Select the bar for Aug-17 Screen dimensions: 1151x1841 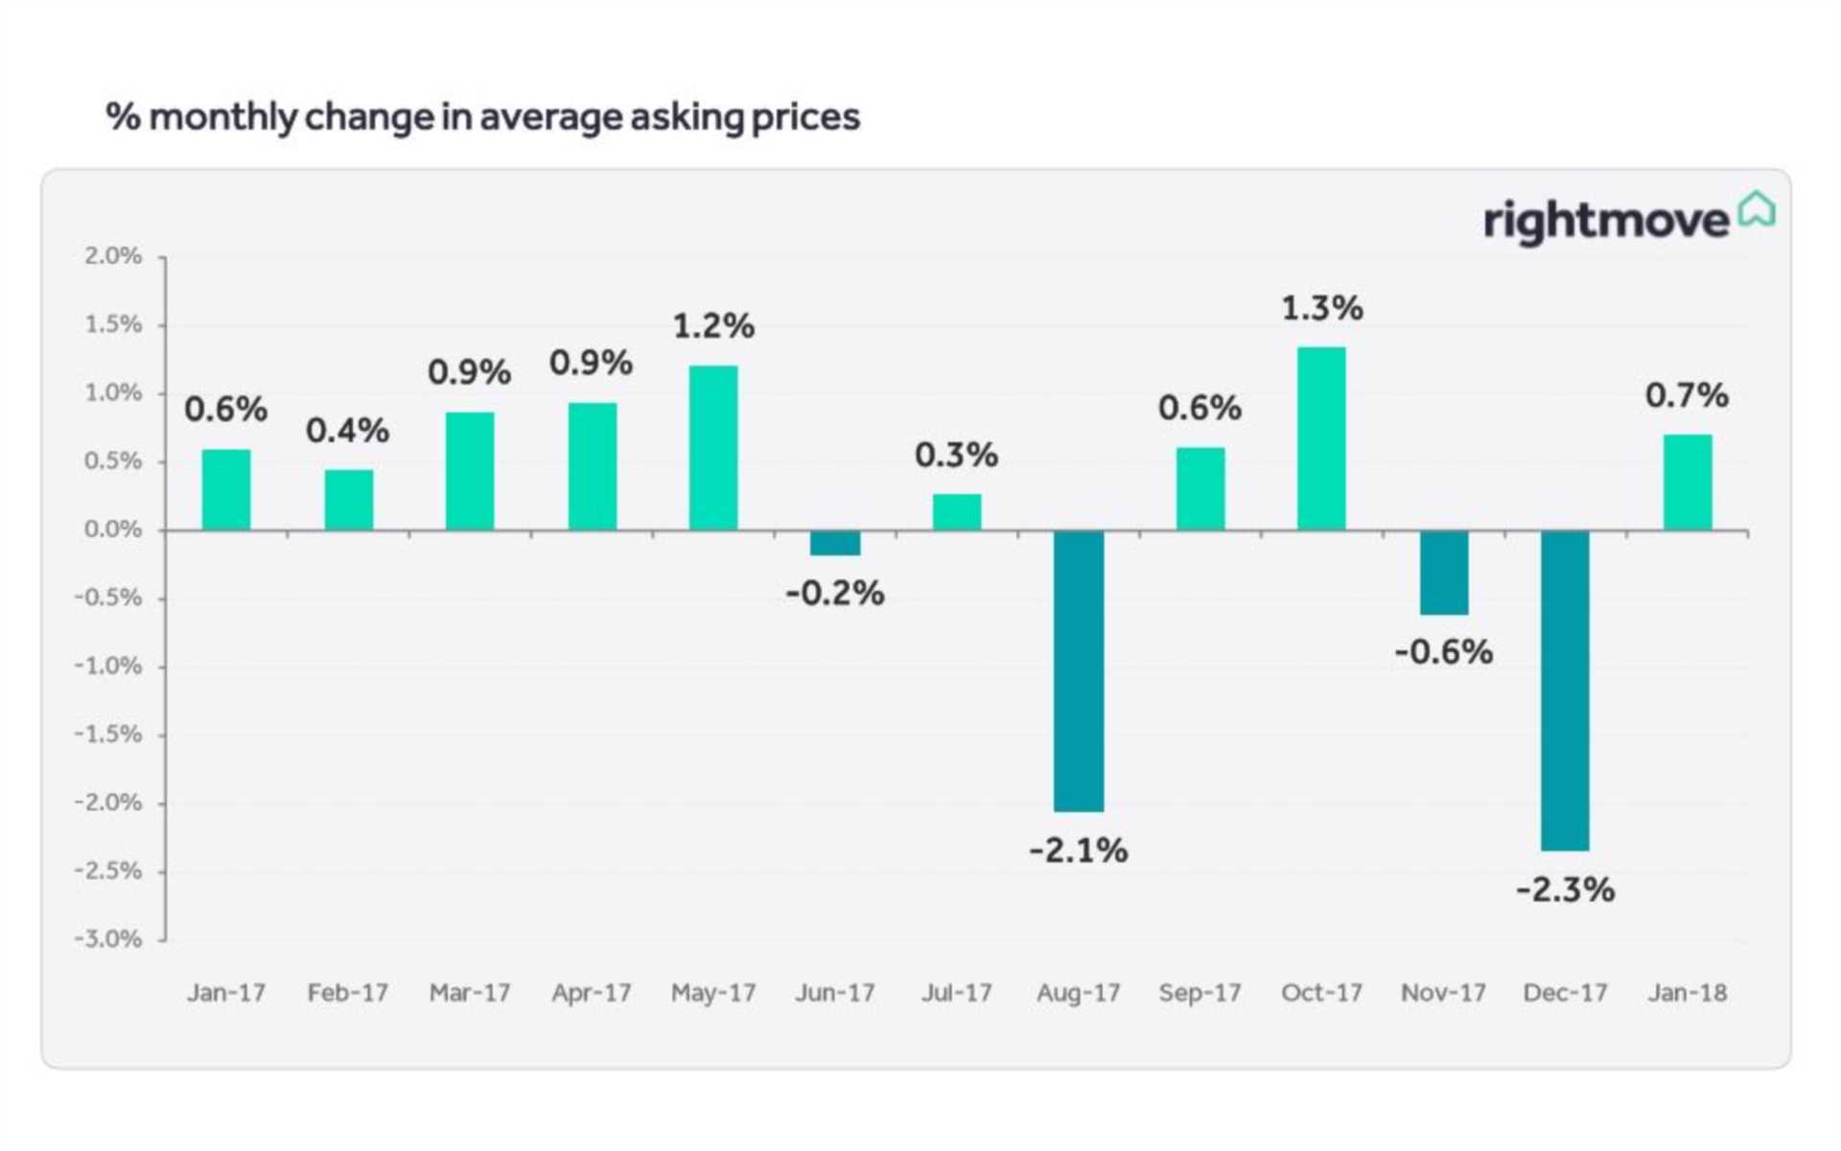pos(1078,670)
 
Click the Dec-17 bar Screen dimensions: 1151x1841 pos(1565,690)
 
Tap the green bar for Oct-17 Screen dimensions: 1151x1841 pos(1321,438)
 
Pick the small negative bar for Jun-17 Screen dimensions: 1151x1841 pos(834,543)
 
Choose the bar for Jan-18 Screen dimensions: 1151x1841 pos(1687,482)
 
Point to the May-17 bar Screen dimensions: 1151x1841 pos(713,448)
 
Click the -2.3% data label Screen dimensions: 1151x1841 pos(1565,890)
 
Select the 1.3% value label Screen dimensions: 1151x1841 pos(1321,308)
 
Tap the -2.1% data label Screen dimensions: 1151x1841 pos(1078,850)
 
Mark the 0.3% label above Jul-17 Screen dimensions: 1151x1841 pos(956,455)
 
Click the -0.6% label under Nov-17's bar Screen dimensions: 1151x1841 pos(1443,652)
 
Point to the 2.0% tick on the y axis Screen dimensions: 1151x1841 pos(112,256)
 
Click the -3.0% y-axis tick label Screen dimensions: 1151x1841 pos(108,939)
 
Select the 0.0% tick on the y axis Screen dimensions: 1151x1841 pos(112,529)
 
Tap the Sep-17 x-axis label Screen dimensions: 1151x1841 pos(1200,993)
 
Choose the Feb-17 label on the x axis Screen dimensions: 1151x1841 pos(347,993)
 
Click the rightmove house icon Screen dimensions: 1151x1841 pos(1757,209)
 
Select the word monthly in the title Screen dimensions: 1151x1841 pos(222,117)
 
